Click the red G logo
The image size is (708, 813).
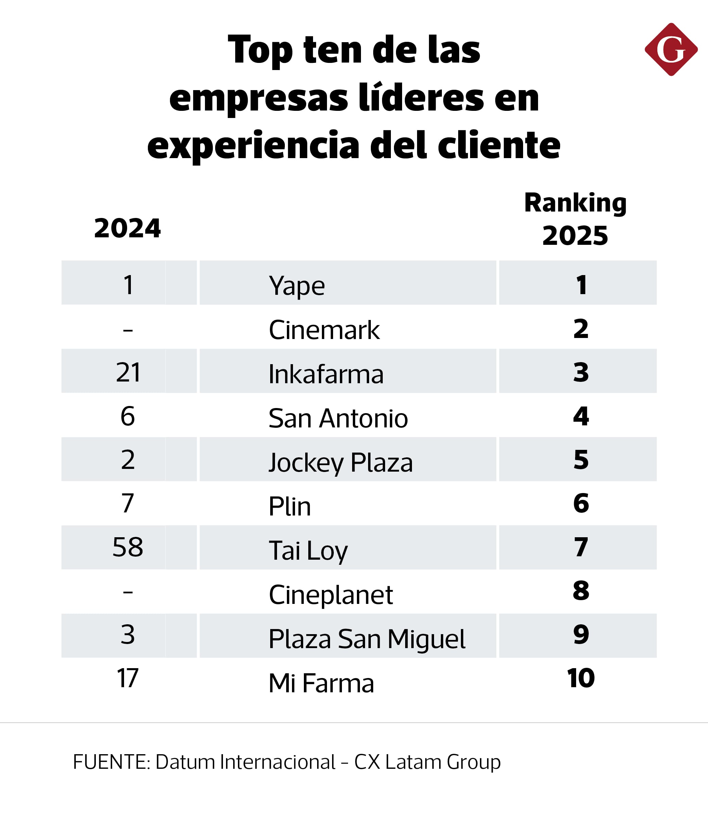671,49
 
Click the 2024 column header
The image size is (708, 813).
127,228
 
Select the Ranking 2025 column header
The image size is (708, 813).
575,219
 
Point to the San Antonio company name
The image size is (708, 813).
338,418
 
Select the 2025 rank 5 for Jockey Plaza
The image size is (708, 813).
581,460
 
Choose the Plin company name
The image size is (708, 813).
290,506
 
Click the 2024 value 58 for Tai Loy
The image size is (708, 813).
127,547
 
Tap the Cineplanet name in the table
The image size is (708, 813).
331,594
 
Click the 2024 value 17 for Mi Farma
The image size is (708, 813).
127,678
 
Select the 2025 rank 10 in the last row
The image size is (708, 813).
581,678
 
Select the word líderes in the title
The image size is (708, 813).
421,98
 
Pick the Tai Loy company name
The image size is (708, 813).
308,551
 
